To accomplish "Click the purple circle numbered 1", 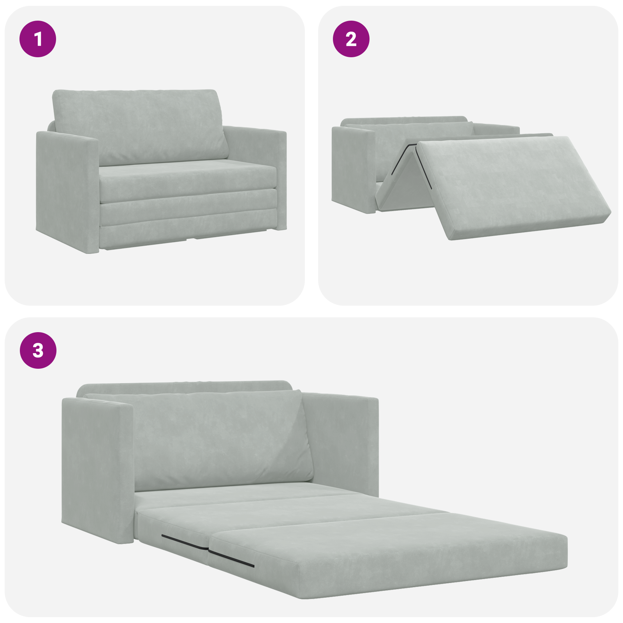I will (x=38, y=39).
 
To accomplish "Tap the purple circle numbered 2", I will (x=351, y=39).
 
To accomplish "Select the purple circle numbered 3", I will (x=38, y=350).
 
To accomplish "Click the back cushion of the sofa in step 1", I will (x=140, y=125).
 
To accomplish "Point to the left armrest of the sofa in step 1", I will (x=66, y=191).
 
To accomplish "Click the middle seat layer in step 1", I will (x=187, y=210).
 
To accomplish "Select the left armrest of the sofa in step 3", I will (x=95, y=467).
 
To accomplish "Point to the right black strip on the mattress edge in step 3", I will (x=232, y=558).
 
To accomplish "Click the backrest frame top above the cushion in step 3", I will (x=183, y=387).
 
